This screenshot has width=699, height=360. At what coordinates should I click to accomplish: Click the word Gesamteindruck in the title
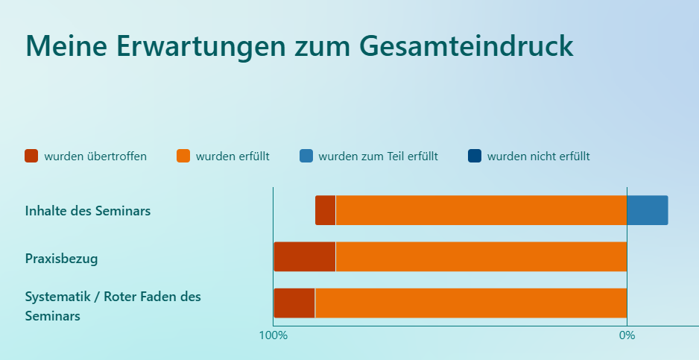point(466,46)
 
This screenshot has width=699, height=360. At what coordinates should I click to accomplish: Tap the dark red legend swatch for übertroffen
point(31,156)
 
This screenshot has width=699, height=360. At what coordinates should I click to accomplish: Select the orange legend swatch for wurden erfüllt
point(183,156)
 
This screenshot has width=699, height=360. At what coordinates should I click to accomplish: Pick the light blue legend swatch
point(306,156)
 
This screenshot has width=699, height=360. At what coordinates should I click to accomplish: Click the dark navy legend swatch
point(475,156)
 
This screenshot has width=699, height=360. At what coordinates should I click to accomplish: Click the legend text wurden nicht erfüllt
point(539,157)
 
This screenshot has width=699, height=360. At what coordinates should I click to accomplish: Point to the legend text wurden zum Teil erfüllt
point(378,157)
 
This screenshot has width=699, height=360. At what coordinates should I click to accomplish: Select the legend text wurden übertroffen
point(95,157)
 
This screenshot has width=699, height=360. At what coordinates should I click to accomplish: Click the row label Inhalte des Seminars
point(88,210)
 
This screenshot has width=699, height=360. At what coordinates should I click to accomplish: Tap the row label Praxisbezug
point(62,259)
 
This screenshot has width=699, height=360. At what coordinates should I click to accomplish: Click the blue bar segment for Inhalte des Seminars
point(648,210)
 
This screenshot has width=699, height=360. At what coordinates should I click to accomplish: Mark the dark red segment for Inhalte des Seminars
point(326,210)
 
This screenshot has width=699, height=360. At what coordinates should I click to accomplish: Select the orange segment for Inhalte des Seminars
point(481,210)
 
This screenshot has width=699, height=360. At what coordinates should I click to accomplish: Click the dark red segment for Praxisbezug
point(305,256)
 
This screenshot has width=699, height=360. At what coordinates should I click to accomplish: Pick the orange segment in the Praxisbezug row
point(481,256)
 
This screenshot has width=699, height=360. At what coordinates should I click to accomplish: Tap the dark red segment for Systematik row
point(294,303)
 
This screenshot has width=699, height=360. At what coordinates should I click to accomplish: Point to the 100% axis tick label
point(273,335)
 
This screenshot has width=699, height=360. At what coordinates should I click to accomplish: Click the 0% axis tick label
point(627,335)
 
